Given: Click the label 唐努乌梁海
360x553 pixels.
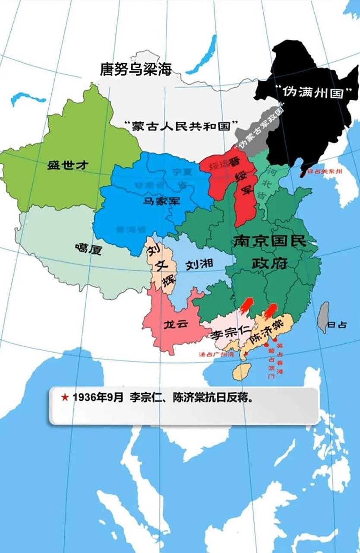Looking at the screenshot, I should (136, 69).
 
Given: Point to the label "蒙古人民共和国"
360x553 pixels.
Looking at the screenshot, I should (181, 126).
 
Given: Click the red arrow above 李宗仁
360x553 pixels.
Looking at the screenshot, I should (246, 304).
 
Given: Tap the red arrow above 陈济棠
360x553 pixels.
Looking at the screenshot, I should (271, 310).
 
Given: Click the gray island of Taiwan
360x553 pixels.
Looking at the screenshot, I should (323, 317).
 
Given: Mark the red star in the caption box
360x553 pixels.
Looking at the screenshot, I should (65, 397).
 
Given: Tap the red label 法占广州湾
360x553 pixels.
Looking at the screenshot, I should (216, 354).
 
